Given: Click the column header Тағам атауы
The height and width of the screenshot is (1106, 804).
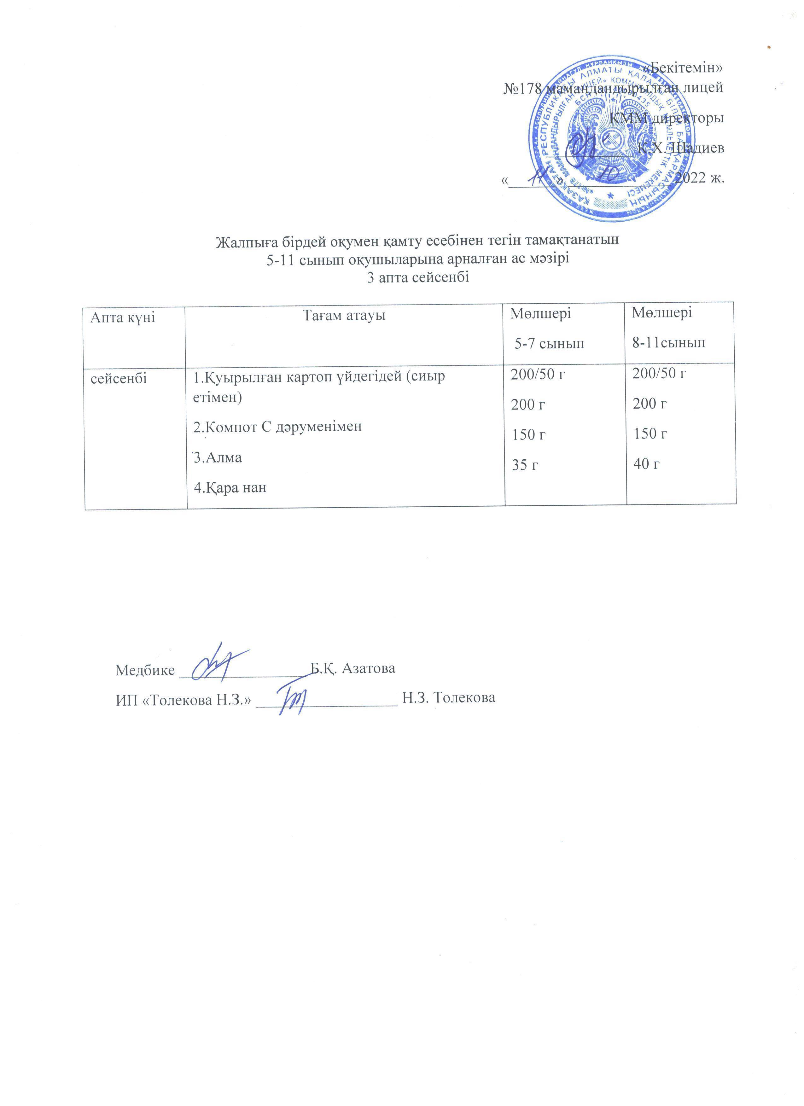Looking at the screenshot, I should point(344,316).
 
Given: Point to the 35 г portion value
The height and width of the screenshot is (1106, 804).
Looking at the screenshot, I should point(525,465).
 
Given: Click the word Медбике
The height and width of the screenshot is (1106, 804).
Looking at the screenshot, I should point(145,670).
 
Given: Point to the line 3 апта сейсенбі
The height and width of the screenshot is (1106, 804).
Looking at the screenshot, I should point(417,278).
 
